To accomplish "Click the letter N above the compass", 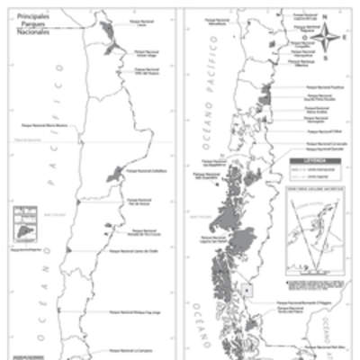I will coord(329,23).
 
